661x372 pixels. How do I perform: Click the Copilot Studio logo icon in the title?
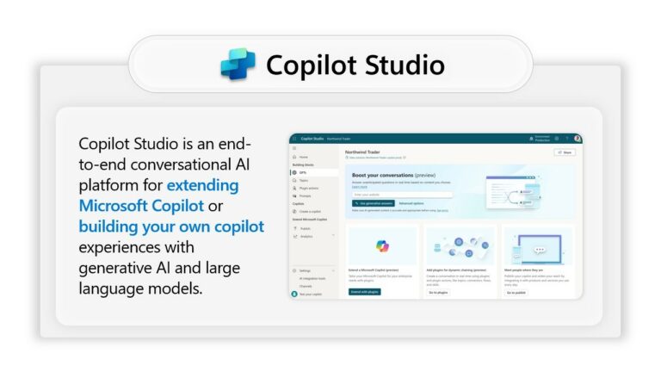tap(238, 65)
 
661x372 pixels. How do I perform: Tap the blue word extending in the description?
tap(202, 185)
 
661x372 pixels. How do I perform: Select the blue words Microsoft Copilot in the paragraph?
tap(141, 206)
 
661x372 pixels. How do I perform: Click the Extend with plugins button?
tap(365, 293)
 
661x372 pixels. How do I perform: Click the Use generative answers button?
tap(374, 203)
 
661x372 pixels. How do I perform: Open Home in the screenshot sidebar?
tap(303, 157)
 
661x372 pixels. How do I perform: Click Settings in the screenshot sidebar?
tap(305, 270)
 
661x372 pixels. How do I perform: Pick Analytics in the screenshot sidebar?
tap(306, 236)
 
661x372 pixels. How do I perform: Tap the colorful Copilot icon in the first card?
tap(382, 246)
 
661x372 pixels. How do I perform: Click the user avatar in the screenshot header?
tap(578, 138)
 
